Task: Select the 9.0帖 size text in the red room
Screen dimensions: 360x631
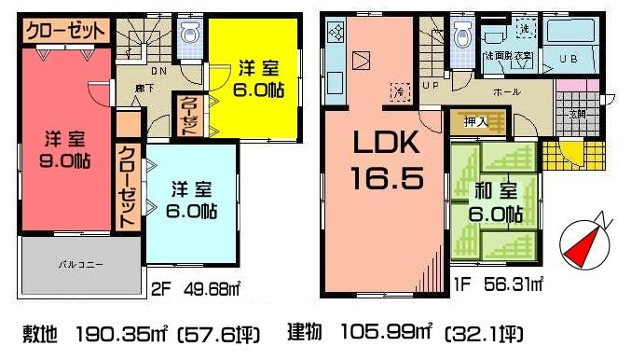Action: tap(64, 159)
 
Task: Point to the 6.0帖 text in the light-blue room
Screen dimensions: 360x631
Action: tap(192, 211)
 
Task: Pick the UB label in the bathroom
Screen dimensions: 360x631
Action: tap(568, 59)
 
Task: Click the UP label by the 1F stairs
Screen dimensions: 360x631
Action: tap(431, 86)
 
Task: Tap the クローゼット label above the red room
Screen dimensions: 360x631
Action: tap(64, 31)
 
